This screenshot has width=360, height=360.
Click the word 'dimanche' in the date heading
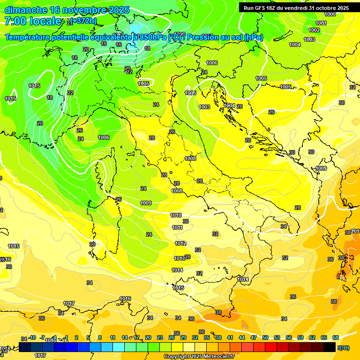[25, 10]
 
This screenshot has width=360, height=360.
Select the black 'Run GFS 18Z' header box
[296, 8]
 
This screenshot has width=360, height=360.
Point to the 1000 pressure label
[330, 14]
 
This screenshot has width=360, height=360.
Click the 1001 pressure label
[321, 23]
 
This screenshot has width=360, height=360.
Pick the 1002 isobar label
[314, 30]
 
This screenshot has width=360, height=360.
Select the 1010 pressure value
[176, 215]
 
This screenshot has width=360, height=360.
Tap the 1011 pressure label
[178, 227]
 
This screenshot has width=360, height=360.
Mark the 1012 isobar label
[180, 243]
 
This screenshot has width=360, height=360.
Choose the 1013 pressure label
[180, 258]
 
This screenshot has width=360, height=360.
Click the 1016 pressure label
[125, 299]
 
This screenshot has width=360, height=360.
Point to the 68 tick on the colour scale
[336, 337]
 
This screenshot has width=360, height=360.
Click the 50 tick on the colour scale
[265, 337]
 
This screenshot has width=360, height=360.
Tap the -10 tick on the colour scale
[32, 337]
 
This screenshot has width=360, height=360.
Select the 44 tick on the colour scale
[242, 337]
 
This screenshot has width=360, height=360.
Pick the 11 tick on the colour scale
[113, 337]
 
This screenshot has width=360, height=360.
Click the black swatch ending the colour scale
[330, 347]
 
